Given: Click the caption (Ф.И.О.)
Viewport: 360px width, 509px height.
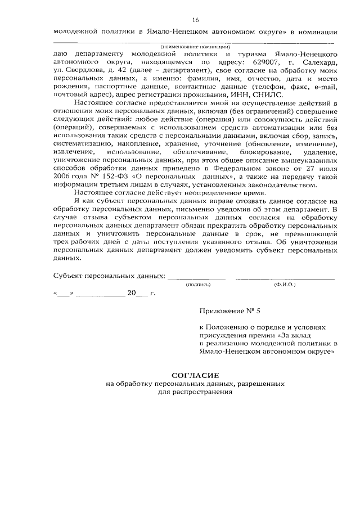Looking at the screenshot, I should click(285, 285).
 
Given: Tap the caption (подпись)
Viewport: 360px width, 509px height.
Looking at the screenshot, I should click(197, 285).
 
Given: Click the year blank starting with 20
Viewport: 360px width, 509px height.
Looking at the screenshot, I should click(137, 293).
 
